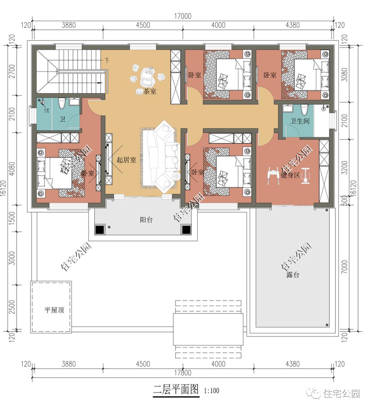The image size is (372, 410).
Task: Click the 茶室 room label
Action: coord(150,91)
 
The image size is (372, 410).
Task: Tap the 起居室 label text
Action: coord(126,160)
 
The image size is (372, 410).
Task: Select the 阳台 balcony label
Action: coord(146,220)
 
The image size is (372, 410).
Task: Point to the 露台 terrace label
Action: coord(292,275)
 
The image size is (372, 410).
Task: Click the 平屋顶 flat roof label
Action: coord(54,310)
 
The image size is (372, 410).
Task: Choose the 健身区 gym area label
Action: coord(290,175)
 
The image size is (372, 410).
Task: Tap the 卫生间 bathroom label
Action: coord(300,121)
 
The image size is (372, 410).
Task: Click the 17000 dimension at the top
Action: coord(183,16)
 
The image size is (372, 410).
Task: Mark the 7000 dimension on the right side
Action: coord(345,267)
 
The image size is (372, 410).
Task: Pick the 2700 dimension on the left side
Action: coord(12,71)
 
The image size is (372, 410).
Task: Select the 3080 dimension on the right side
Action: coord(345,75)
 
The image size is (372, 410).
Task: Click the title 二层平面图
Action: coord(176,390)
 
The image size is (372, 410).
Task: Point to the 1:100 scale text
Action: coord(211,391)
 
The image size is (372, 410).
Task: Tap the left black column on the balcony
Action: coord(100,229)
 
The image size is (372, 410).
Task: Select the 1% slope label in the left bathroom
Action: coord(46,111)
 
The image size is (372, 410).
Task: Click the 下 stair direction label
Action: coord(107,61)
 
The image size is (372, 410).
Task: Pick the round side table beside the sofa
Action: coord(177,176)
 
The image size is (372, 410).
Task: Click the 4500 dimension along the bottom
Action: coord(143,364)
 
